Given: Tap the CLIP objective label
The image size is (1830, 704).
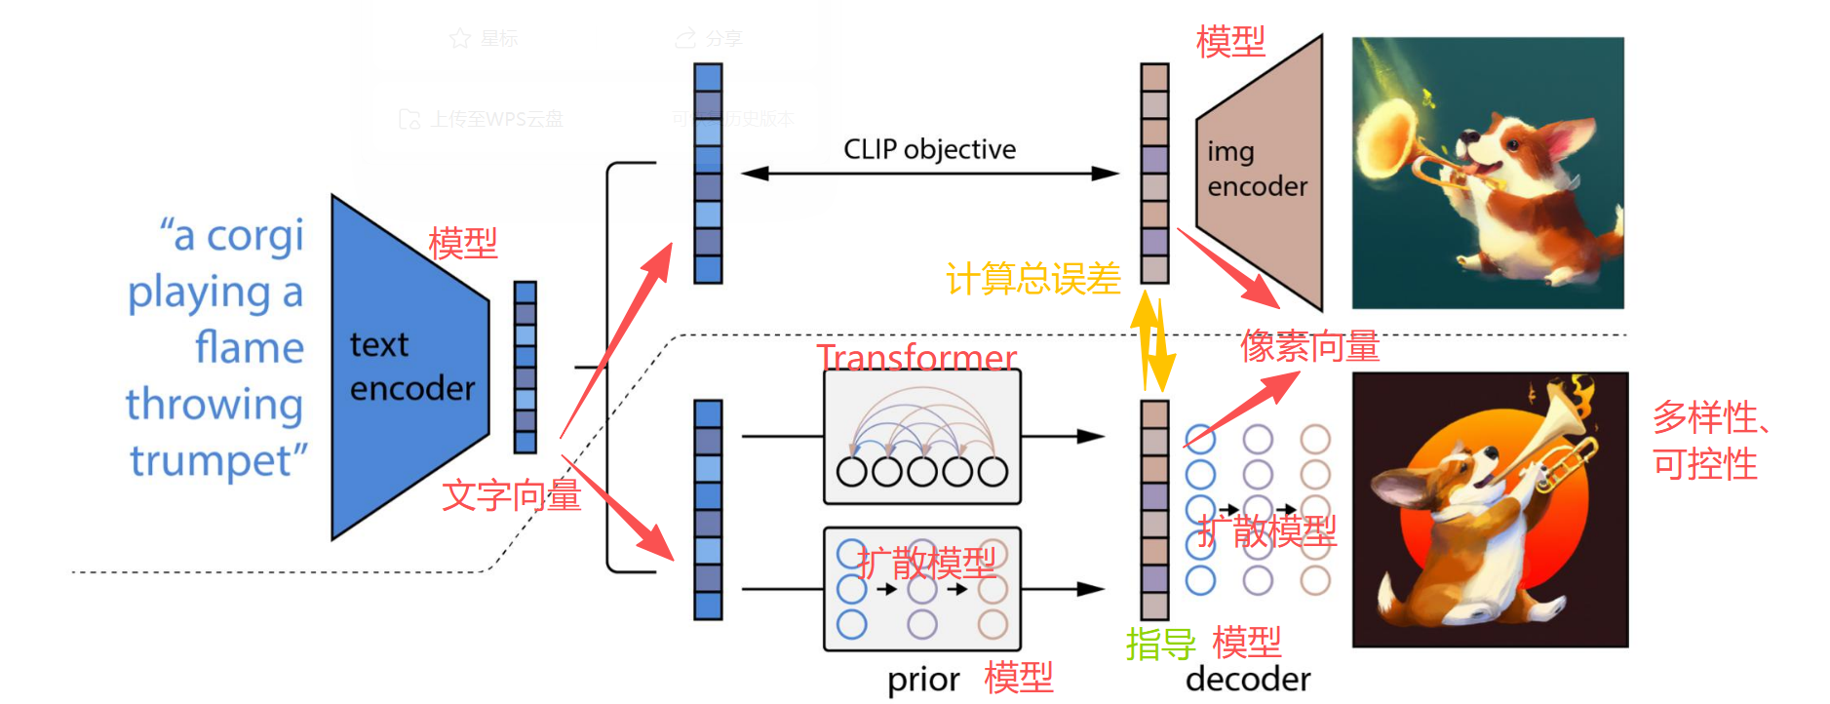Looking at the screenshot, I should (x=929, y=149).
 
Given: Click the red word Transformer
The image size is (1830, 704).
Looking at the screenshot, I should (x=916, y=357).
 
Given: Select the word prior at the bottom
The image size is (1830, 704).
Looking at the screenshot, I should (x=922, y=680).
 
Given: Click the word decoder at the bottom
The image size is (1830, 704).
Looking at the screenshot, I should (x=1248, y=680).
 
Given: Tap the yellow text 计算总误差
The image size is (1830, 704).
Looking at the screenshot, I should (x=1032, y=279).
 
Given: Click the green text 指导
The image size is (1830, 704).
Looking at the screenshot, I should (x=1160, y=644).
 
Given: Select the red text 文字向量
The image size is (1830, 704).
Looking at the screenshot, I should (x=511, y=495).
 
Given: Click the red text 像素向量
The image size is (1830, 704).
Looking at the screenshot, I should (x=1309, y=346).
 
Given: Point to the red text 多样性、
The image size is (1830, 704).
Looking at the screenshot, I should (x=1712, y=417).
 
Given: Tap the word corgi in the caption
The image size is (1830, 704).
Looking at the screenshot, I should (x=255, y=236).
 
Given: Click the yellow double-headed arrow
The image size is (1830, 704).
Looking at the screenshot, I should (x=1153, y=341).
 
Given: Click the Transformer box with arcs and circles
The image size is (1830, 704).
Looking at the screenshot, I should (x=921, y=436).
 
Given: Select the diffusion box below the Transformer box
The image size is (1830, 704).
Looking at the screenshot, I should (x=921, y=589).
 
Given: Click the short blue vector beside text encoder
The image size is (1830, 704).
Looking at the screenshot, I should (x=526, y=367).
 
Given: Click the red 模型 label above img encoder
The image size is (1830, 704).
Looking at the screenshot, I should (x=1230, y=42).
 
